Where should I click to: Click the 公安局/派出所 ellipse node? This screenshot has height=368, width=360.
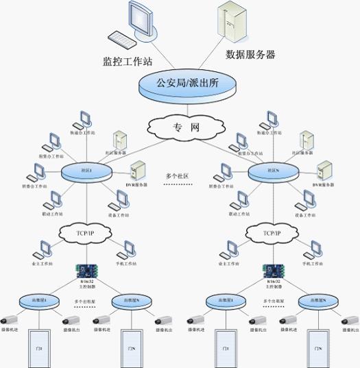point(187,85)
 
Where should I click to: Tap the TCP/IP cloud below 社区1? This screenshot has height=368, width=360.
point(85,232)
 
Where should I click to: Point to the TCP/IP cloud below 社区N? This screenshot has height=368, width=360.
point(272,233)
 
